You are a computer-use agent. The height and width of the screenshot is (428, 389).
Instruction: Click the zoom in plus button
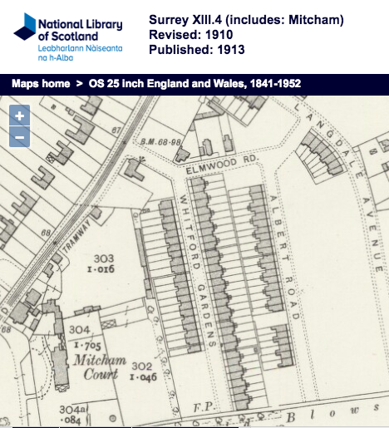(19, 116)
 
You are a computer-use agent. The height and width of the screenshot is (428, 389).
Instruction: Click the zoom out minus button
(19, 137)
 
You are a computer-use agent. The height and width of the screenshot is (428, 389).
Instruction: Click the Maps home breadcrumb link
(39, 84)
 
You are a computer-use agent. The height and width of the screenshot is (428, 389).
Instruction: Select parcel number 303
(102, 258)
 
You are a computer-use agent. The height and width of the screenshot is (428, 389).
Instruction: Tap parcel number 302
(142, 366)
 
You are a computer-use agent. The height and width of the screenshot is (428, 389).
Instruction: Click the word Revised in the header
(175, 35)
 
